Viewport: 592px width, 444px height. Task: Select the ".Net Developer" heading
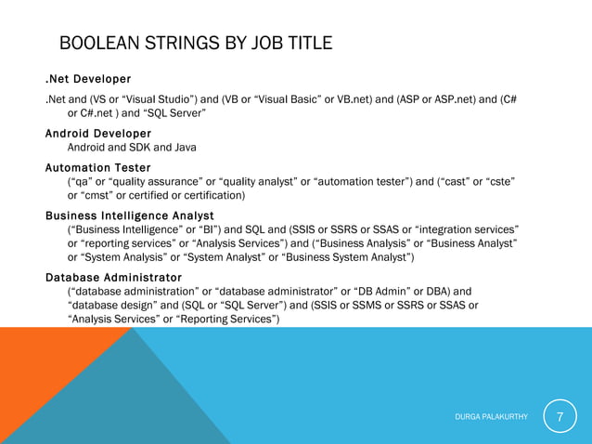[x=88, y=78]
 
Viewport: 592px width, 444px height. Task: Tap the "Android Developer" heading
[x=98, y=134]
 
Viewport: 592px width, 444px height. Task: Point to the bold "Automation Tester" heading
[x=98, y=167]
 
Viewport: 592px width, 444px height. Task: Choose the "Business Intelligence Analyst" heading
[x=130, y=215]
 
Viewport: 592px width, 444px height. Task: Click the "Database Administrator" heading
[x=113, y=278]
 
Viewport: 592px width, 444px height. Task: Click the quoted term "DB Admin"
[x=368, y=291]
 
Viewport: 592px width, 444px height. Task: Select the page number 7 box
[x=560, y=416]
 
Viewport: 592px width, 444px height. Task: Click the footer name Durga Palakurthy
[x=492, y=417]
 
